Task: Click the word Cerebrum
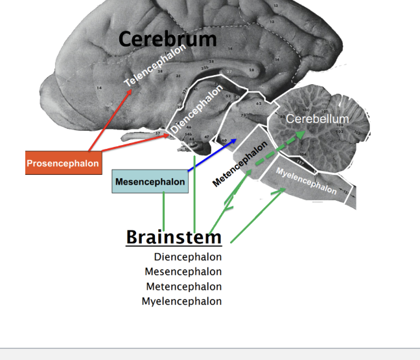(167, 39)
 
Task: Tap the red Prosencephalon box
(63, 163)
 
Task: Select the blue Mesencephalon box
(150, 182)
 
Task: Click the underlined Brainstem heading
(174, 237)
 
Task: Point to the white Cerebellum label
(317, 119)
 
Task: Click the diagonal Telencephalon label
(155, 66)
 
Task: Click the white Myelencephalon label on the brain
(306, 179)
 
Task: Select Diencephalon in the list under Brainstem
(187, 257)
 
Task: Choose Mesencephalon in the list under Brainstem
(183, 272)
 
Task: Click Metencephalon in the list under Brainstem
(183, 286)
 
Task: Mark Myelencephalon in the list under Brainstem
(181, 301)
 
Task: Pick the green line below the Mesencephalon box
(163, 210)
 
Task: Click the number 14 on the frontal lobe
(99, 87)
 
